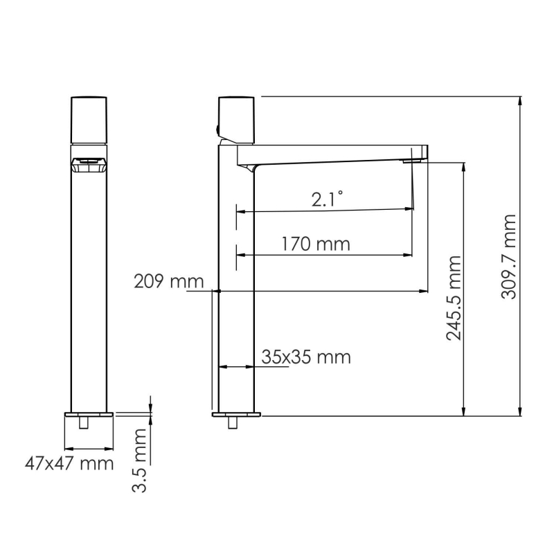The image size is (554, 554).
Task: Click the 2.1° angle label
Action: (x=327, y=200)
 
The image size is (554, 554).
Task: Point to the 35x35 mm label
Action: (x=306, y=357)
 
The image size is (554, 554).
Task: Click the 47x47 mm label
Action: (x=69, y=463)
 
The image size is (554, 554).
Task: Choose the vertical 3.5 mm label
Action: (x=140, y=460)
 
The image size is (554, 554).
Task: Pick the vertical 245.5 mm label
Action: (x=454, y=298)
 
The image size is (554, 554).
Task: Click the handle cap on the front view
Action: (x=89, y=119)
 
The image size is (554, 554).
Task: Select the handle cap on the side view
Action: (x=236, y=119)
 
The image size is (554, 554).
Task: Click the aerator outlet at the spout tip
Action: (x=413, y=161)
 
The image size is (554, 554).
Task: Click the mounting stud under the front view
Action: (x=84, y=422)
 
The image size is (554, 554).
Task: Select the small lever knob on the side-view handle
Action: (x=217, y=129)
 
